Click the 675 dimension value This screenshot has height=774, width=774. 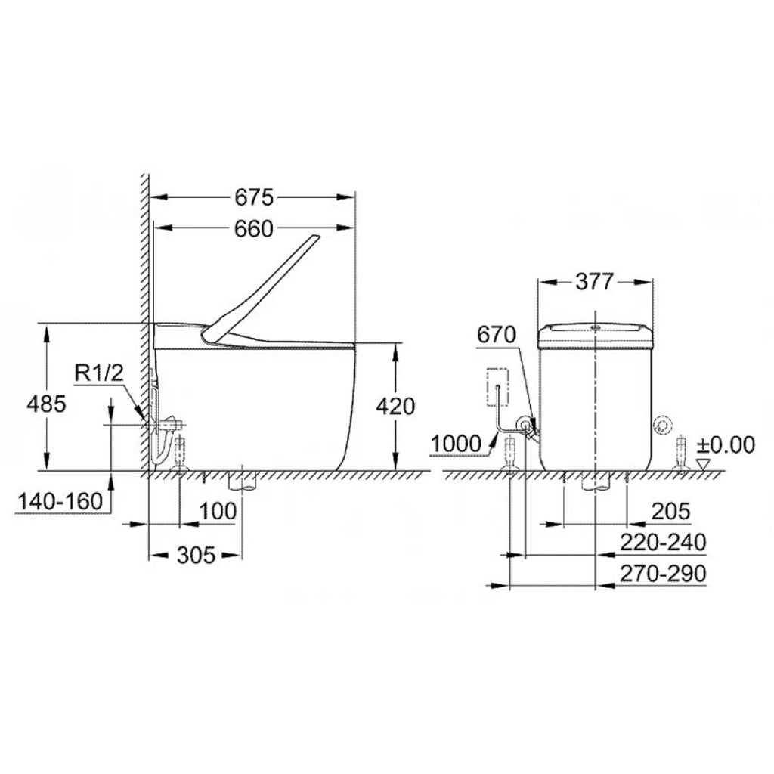254,197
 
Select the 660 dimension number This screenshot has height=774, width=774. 254,228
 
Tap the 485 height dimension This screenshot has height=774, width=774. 46,404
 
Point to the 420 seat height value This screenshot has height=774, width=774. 395,406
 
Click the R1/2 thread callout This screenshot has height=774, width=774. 99,373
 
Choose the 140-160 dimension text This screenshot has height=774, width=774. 60,502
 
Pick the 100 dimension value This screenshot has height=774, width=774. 218,512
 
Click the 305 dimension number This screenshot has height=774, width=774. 197,556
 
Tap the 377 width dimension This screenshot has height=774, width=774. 594,282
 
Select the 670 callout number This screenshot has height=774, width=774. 496,335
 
